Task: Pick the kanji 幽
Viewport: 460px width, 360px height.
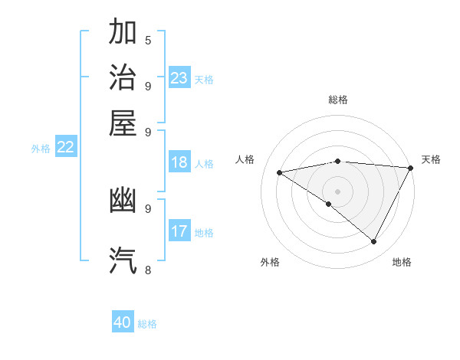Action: (x=123, y=200)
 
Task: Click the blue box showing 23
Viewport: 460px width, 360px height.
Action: (x=179, y=78)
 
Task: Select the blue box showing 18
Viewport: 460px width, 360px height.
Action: (x=179, y=162)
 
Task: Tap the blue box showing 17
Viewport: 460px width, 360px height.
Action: (x=179, y=231)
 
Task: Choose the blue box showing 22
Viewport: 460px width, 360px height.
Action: (x=65, y=148)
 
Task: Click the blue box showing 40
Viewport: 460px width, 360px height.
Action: (x=123, y=322)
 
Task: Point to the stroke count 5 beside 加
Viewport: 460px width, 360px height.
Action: (x=148, y=41)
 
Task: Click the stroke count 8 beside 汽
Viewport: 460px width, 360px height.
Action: (x=148, y=269)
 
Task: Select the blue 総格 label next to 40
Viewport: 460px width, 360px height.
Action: (x=148, y=324)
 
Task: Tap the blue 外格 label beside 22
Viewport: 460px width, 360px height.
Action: (x=41, y=149)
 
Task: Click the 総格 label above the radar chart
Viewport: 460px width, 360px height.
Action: (x=338, y=100)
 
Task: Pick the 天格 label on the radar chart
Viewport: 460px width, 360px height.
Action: (x=431, y=159)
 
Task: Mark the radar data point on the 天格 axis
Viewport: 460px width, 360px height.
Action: (x=411, y=168)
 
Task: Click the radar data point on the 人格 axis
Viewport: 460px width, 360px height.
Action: (x=279, y=172)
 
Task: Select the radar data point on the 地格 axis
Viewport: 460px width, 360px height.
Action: (x=374, y=242)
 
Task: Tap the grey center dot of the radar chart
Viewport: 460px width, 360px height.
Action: (x=337, y=191)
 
